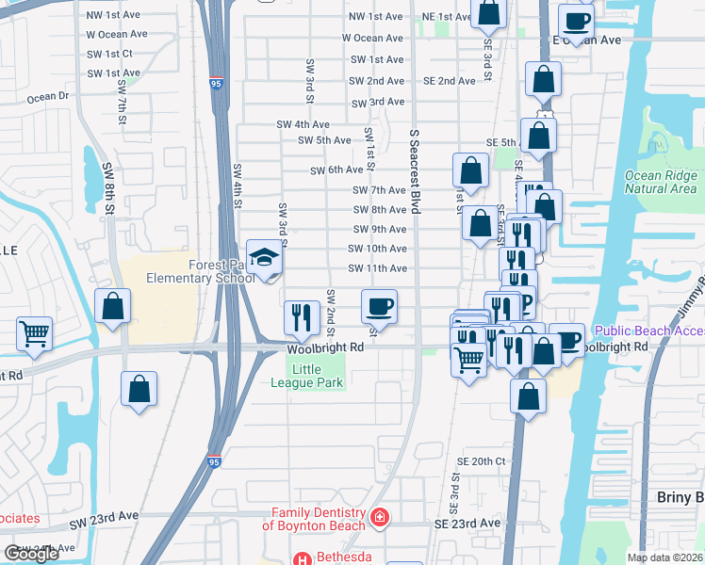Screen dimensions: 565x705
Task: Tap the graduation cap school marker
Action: click(263, 257)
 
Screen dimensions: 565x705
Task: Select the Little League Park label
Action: click(319, 377)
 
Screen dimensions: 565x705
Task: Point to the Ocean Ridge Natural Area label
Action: click(661, 182)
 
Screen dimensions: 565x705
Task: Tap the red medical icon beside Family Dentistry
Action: click(379, 518)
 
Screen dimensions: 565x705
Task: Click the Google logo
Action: click(31, 554)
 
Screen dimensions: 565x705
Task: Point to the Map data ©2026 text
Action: click(665, 557)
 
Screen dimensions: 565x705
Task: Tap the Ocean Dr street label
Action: click(48, 96)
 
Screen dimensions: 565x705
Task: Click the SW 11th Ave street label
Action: click(377, 268)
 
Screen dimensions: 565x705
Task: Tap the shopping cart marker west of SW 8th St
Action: click(34, 333)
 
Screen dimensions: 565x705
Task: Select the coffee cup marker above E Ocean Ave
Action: click(575, 20)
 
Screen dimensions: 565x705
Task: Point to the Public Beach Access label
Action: click(649, 331)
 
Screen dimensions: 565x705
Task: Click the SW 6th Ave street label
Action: click(336, 170)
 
